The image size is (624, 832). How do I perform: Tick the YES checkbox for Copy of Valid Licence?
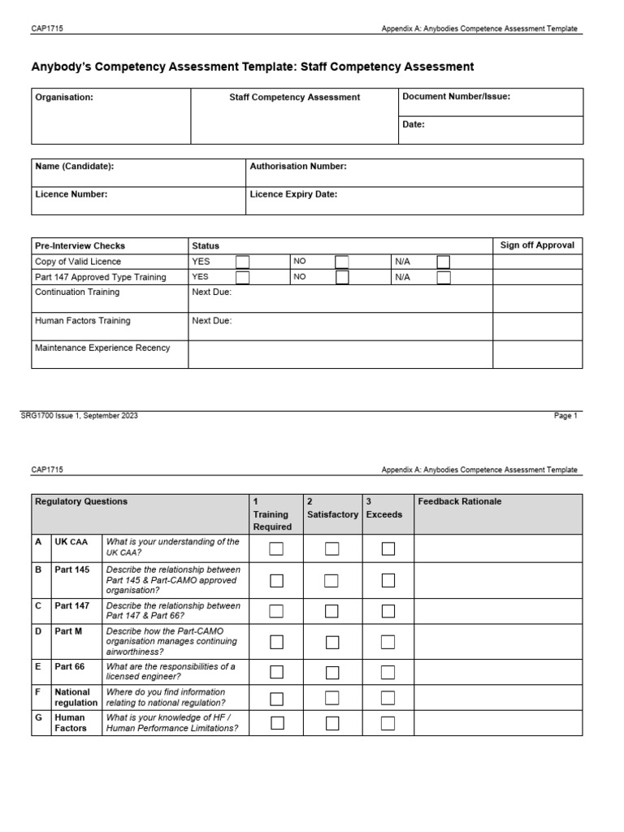[x=242, y=262]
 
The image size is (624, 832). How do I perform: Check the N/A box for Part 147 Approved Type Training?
[x=443, y=277]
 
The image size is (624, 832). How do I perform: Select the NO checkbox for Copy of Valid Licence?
[x=341, y=262]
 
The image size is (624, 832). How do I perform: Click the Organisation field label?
[x=64, y=97]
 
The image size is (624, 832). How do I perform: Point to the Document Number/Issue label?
[x=456, y=97]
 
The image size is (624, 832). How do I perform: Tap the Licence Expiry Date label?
[x=293, y=194]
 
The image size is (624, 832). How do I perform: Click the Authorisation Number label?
[x=298, y=167]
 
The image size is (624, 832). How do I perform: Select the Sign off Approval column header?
[x=537, y=245]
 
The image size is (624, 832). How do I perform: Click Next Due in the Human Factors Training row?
[x=211, y=321]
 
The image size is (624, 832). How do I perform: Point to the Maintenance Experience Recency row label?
[x=102, y=348]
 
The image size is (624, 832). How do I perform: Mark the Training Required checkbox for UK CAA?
[x=276, y=548]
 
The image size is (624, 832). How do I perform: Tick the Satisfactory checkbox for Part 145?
[x=331, y=580]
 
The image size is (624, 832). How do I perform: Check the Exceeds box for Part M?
[x=388, y=642]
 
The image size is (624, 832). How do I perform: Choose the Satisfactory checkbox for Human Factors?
[x=331, y=723]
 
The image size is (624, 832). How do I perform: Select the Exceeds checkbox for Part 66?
[x=388, y=672]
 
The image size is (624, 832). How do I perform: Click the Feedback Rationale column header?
[x=459, y=502]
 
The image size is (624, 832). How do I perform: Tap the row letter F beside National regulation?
[x=38, y=692]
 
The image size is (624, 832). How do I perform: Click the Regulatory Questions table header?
[x=81, y=502]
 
